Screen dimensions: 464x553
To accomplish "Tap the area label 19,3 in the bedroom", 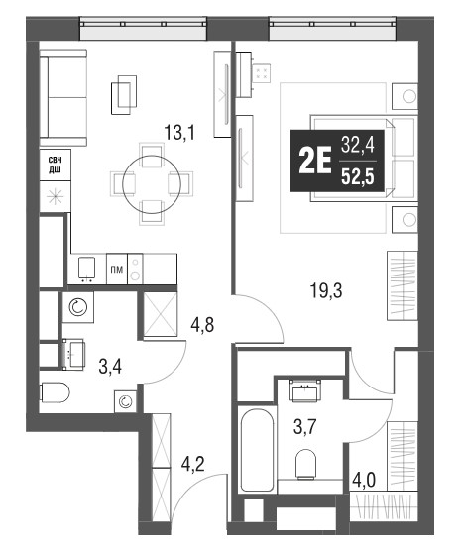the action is click(325, 291).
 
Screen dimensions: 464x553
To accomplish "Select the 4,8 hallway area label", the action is click(202, 325).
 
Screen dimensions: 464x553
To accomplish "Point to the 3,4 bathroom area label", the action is click(110, 367).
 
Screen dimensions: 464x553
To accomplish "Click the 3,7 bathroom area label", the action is click(304, 427).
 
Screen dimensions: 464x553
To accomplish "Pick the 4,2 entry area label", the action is click(192, 464).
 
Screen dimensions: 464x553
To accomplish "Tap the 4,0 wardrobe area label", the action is click(364, 481).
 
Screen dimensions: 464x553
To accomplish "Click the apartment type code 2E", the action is click(315, 161).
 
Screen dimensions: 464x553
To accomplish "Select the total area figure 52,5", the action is click(358, 177).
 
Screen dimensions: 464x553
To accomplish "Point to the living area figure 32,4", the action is click(358, 145).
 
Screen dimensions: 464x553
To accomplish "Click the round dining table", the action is click(152, 183).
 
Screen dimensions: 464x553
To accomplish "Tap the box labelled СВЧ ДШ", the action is click(55, 166).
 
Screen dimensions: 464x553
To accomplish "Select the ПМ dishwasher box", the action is click(117, 270).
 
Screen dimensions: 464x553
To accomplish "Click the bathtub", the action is click(257, 449).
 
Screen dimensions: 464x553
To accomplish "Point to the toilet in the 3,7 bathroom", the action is click(306, 464).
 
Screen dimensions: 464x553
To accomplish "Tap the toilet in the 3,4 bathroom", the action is click(56, 392).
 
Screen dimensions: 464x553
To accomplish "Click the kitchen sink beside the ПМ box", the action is click(86, 270).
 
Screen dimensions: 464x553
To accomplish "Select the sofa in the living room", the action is click(63, 98).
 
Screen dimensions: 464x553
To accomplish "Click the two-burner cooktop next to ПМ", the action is click(135, 270).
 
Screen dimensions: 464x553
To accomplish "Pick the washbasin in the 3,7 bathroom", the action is click(304, 390).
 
